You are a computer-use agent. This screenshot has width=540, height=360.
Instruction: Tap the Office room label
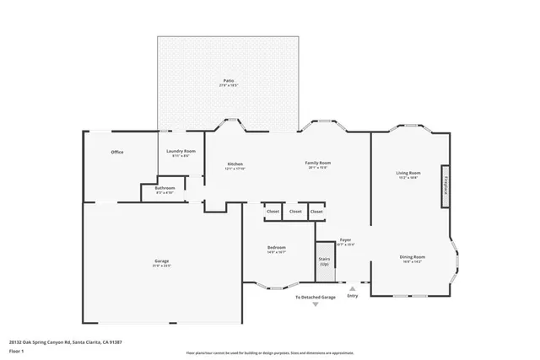tap(117, 153)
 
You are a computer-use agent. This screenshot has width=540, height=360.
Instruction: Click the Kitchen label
tap(235, 164)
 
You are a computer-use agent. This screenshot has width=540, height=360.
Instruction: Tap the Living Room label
tap(408, 174)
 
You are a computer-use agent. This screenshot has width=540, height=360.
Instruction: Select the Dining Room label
tap(412, 257)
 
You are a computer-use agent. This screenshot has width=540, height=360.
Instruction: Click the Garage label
tap(162, 262)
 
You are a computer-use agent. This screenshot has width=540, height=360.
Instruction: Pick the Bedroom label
tap(277, 248)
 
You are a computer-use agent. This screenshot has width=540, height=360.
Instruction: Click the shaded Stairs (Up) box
tap(324, 262)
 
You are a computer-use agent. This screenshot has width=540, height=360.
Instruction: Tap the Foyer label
tap(346, 240)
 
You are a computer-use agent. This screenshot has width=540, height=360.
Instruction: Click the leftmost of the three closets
tap(273, 212)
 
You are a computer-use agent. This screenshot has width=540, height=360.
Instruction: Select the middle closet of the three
tap(294, 212)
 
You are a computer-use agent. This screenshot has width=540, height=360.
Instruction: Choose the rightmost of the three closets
tap(316, 212)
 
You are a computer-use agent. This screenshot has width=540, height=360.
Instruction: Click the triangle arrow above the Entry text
tap(353, 288)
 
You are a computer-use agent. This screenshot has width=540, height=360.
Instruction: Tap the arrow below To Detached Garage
tap(316, 304)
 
